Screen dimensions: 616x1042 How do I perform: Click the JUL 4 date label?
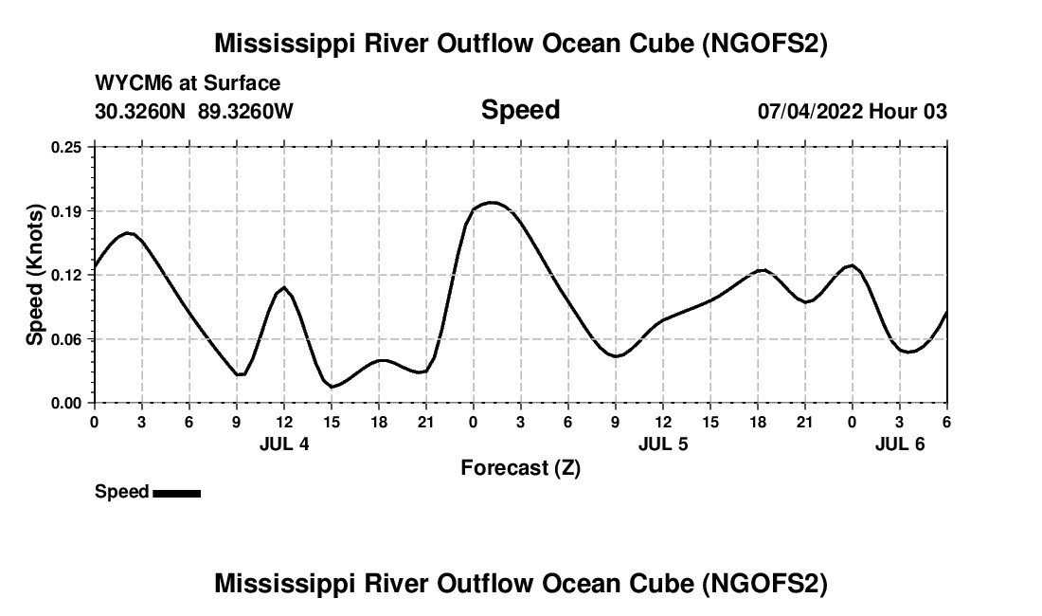(x=284, y=444)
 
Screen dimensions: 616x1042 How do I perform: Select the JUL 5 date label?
(x=663, y=444)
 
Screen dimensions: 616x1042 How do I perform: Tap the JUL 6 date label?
(x=900, y=444)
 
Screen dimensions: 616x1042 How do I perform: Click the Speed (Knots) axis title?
(x=35, y=275)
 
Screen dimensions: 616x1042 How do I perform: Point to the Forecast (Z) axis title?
(x=520, y=468)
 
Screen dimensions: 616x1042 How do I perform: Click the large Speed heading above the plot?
(x=520, y=110)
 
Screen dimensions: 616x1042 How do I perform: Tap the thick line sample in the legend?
(x=176, y=493)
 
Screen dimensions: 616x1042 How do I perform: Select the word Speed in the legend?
(x=121, y=492)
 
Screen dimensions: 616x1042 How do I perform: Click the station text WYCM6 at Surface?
(x=188, y=83)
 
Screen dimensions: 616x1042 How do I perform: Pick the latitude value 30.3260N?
(x=142, y=111)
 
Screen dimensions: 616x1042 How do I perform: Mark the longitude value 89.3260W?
(x=246, y=111)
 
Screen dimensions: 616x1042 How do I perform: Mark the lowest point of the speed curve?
(x=333, y=387)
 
